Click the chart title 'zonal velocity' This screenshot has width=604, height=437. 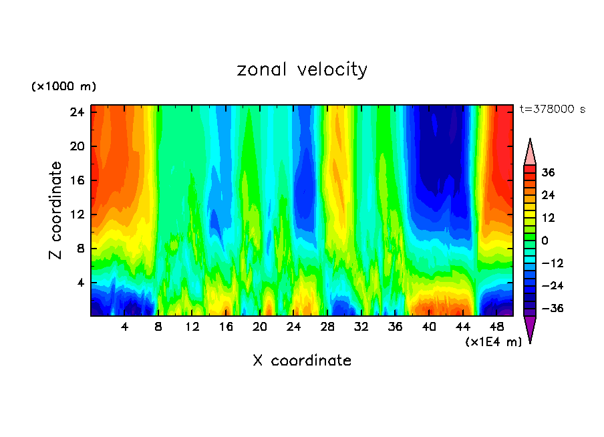click(302, 69)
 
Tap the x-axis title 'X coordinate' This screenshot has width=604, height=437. click(302, 361)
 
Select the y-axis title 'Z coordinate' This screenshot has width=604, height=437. click(56, 210)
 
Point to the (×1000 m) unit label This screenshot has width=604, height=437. click(63, 87)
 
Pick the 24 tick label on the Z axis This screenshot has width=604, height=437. click(78, 112)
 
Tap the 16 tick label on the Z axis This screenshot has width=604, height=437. click(78, 180)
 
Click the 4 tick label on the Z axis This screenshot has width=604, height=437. click(80, 283)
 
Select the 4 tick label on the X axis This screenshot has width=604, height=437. click(125, 327)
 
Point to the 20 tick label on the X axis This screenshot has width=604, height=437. click(260, 327)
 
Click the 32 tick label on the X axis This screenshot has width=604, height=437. click(361, 327)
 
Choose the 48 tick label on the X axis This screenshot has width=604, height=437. click(496, 327)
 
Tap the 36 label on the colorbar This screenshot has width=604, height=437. click(548, 172)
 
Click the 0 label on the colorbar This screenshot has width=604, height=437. click(545, 241)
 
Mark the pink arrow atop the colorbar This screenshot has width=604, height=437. click(530, 152)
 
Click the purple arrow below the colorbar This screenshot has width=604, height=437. click(530, 328)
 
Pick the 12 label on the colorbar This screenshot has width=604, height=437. click(548, 218)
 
